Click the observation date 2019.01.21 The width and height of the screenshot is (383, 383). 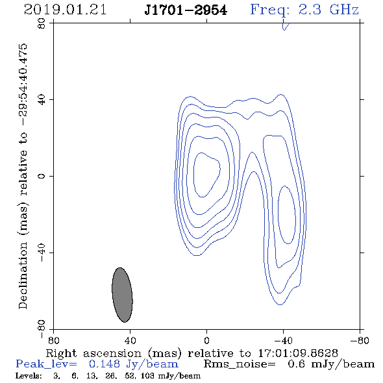pos(65,10)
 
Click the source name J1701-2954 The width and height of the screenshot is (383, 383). pos(186,10)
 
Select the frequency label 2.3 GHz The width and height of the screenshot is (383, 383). pos(328,10)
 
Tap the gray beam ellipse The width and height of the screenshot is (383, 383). pos(122,295)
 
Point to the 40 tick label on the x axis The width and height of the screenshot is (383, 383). pos(130,340)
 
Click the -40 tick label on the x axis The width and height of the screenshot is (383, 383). pos(283,340)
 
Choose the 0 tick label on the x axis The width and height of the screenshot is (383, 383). pos(206,340)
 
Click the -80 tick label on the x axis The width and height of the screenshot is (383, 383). pos(360,340)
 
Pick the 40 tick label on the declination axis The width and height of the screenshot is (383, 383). pos(42,100)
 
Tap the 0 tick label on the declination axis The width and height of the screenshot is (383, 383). pos(42,176)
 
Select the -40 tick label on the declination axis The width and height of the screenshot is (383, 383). pos(42,253)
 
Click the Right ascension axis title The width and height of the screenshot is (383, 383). pos(192,353)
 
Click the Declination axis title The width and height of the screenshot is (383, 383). pos(23,176)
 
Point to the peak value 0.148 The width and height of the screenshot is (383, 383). pos(105,364)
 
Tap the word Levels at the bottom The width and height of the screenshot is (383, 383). pos(29,376)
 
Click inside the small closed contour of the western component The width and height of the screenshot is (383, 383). pos(287,215)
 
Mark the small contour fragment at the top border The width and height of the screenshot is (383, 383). pos(285,27)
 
